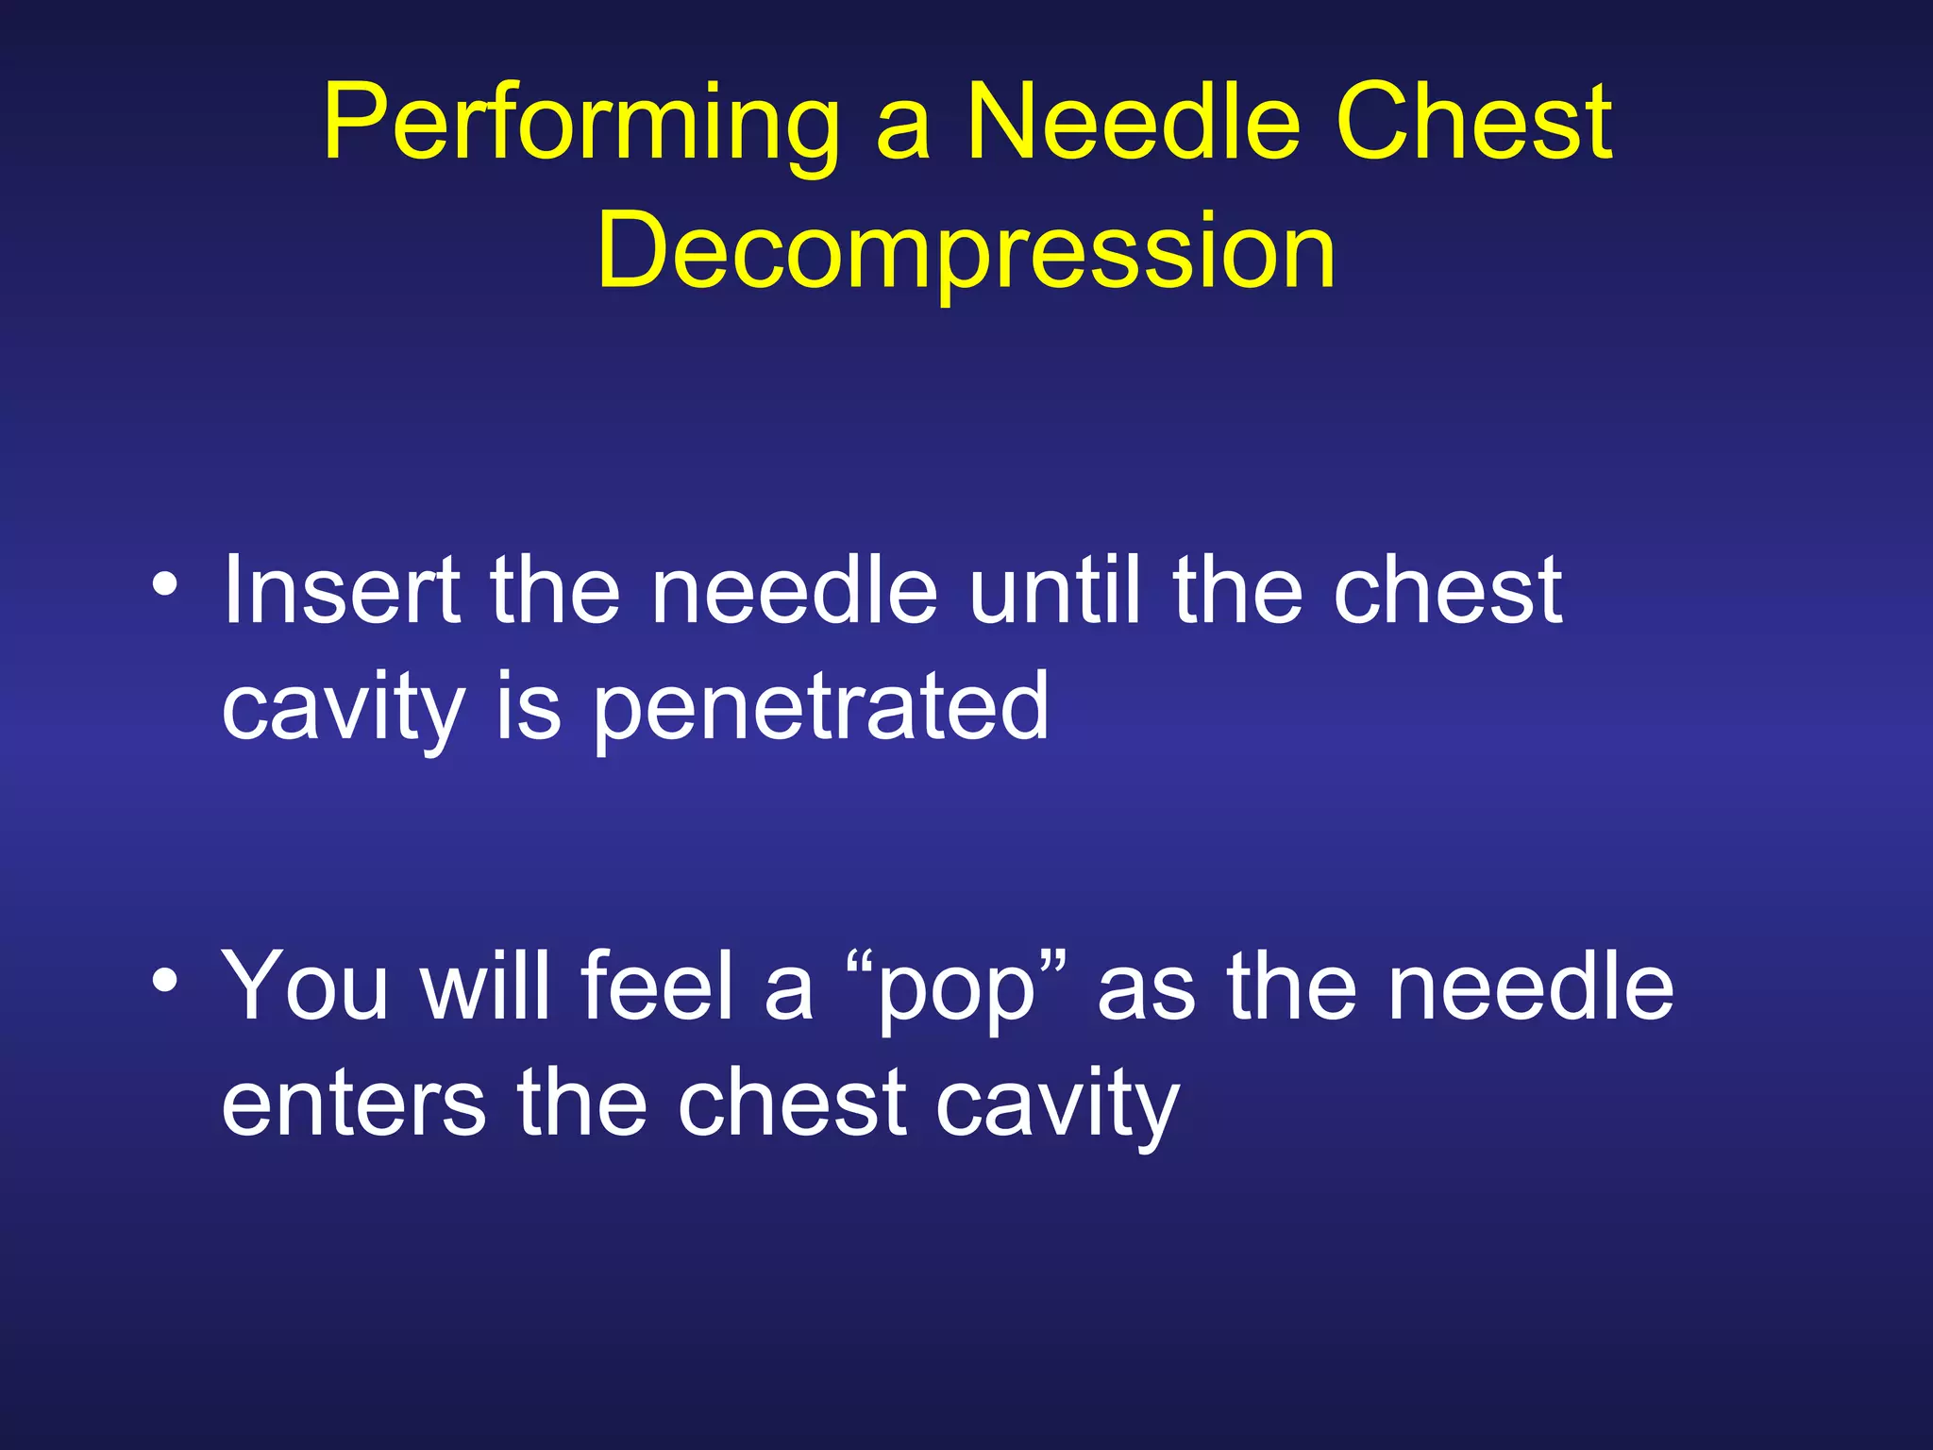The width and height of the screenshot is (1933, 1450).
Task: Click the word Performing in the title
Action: pyautogui.click(x=580, y=127)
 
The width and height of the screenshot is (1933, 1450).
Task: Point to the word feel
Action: pyautogui.click(x=657, y=986)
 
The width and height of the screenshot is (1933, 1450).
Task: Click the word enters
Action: pyautogui.click(x=354, y=1104)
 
